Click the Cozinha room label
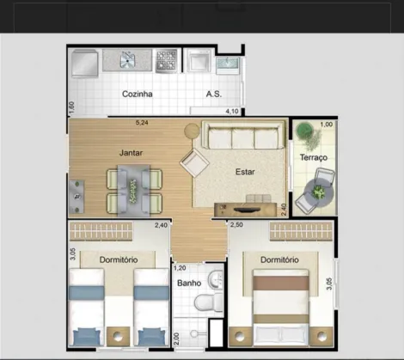point(137,94)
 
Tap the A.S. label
point(214,94)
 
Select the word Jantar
point(131,153)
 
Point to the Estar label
point(245,172)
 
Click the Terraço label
point(314,157)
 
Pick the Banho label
point(189,284)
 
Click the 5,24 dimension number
point(142,123)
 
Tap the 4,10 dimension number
point(232,111)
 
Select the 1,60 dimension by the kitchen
point(71,107)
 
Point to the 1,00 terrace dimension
point(327,125)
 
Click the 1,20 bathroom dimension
point(180,268)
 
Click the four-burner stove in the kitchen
point(166,60)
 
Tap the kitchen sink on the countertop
point(127,60)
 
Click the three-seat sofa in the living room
point(244,135)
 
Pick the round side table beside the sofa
point(192,131)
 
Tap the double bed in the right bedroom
point(280,307)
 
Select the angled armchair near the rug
point(194,162)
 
